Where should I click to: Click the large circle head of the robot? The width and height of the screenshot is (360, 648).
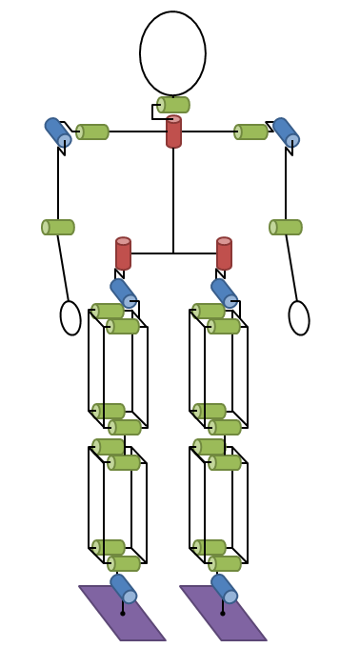tap(172, 53)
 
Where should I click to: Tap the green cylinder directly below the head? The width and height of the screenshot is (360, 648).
tap(173, 105)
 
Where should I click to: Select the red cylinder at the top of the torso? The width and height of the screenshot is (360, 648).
tap(173, 132)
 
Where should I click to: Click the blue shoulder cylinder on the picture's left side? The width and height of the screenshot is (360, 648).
tap(58, 132)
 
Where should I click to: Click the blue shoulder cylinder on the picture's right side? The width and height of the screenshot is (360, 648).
tap(286, 132)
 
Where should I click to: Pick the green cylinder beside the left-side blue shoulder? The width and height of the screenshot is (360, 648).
tap(92, 132)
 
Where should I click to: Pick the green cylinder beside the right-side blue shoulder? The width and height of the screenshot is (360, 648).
tap(251, 132)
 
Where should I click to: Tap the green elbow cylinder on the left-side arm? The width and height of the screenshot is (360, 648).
tap(58, 227)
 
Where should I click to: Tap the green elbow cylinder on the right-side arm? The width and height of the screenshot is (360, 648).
tap(286, 227)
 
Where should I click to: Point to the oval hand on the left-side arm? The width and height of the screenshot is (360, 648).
tap(70, 317)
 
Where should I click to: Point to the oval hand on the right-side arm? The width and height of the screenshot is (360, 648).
tap(299, 317)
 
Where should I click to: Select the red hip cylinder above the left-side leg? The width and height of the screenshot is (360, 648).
tap(123, 253)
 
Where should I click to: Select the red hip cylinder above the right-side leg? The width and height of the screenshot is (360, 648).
tap(224, 253)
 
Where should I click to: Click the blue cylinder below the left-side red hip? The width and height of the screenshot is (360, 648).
tap(124, 294)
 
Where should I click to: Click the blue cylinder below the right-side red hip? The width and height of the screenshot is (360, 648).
tap(225, 294)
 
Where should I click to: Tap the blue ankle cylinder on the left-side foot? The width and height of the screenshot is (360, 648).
tap(124, 589)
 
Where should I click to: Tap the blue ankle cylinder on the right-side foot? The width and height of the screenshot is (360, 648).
tap(225, 589)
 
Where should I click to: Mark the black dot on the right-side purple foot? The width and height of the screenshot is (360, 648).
tap(223, 613)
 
